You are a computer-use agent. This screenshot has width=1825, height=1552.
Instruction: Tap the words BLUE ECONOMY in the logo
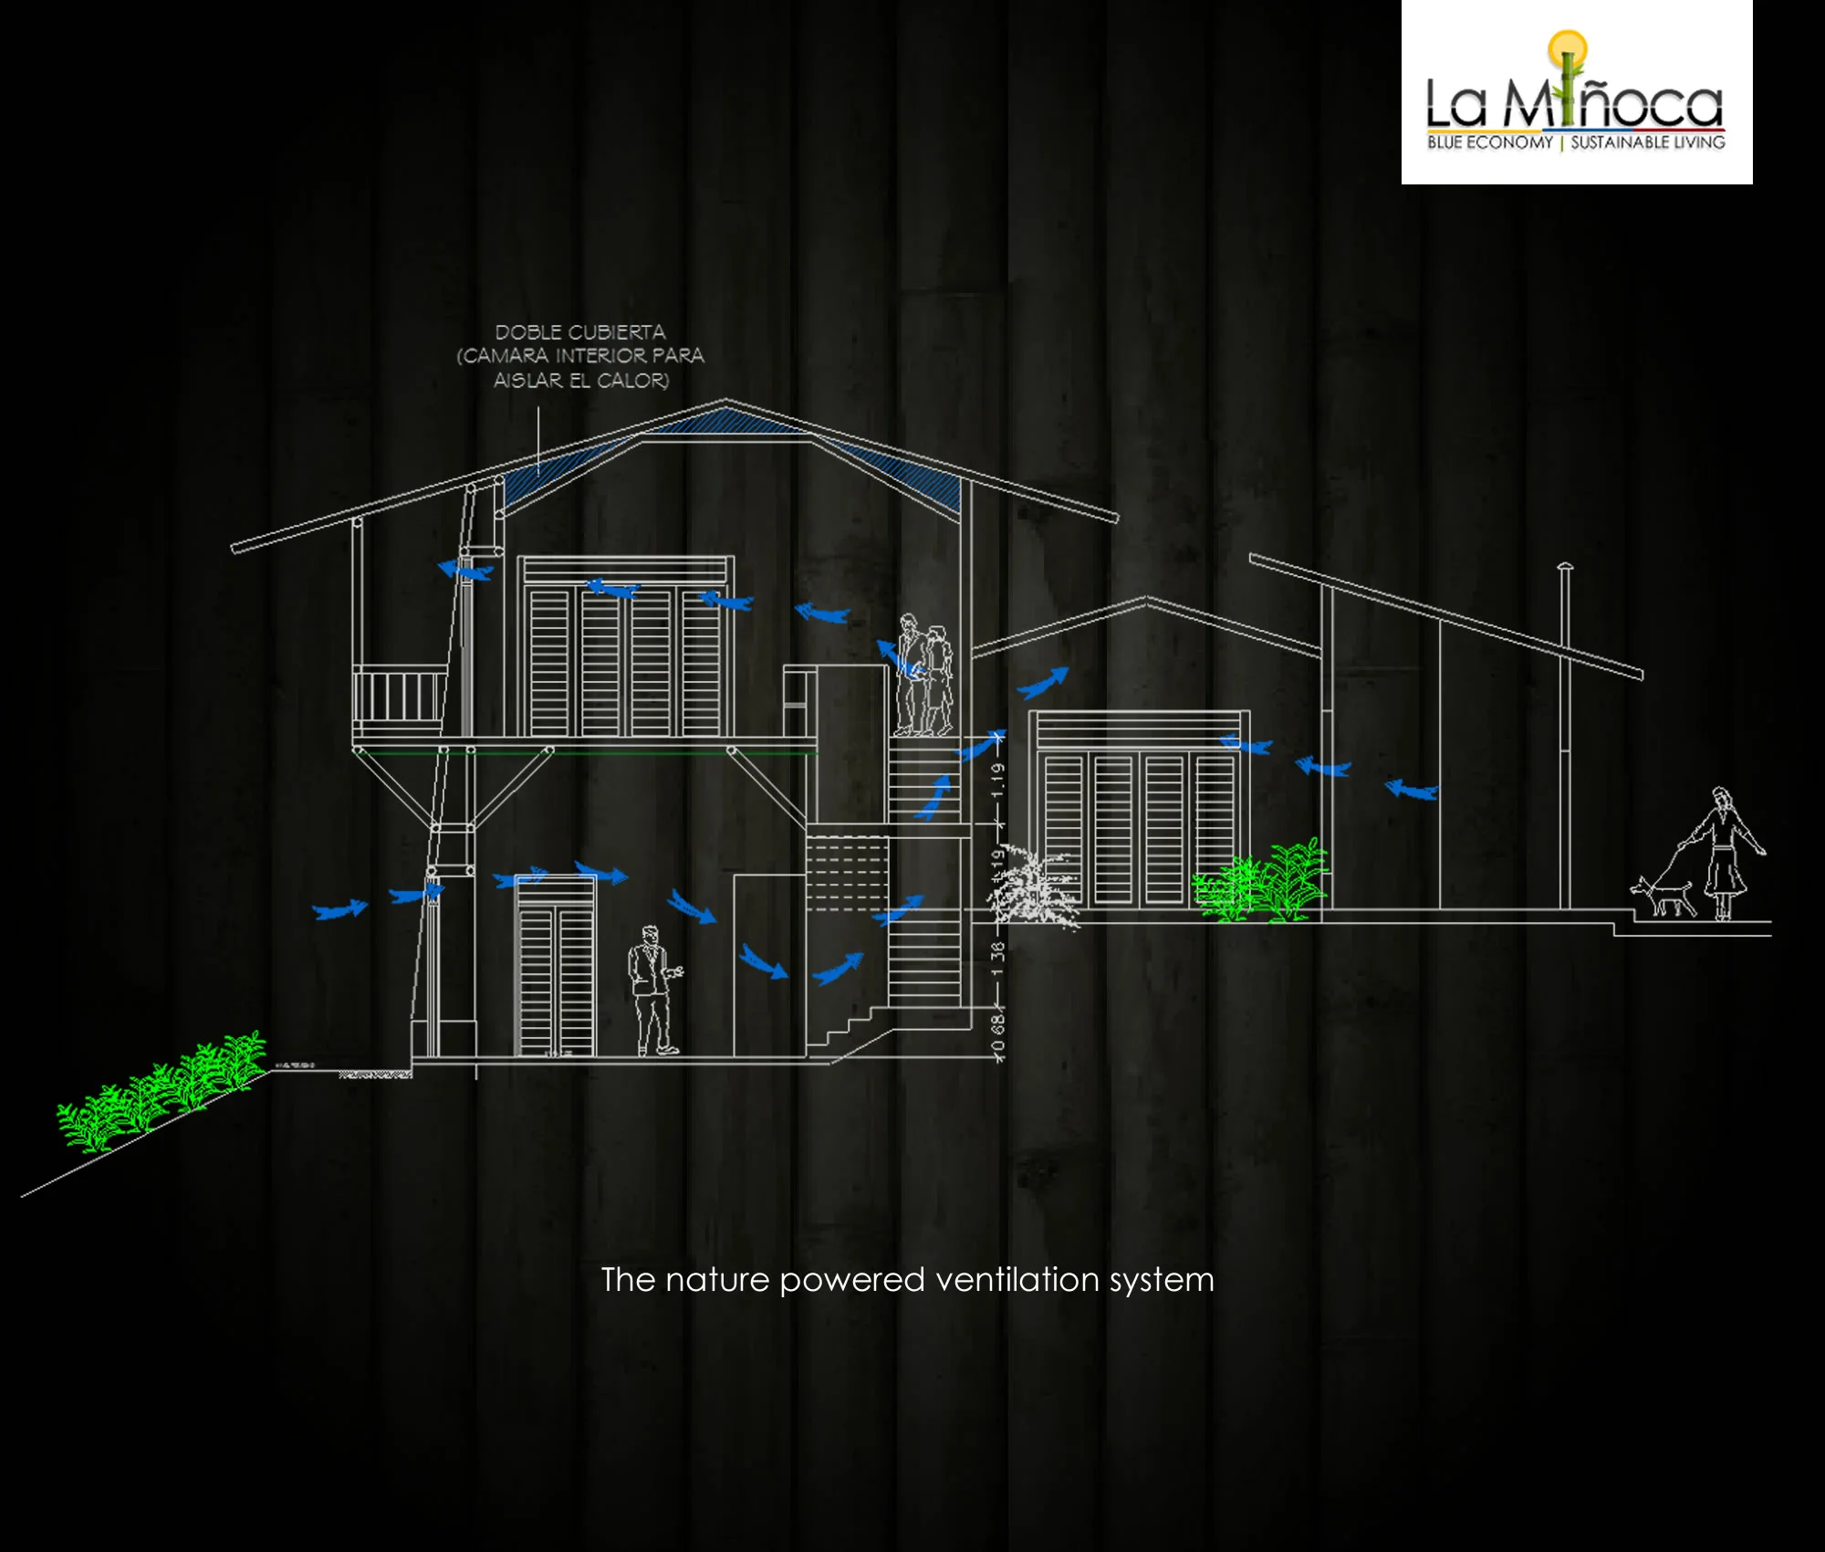tap(1489, 142)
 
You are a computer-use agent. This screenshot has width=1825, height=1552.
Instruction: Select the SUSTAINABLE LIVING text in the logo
tap(1647, 142)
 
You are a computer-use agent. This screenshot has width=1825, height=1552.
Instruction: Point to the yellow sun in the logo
tap(1567, 46)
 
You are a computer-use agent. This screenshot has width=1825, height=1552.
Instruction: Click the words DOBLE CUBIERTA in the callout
tap(580, 332)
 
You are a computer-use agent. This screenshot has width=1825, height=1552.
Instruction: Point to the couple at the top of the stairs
tap(923, 676)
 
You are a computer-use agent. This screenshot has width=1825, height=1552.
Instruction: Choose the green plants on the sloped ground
tap(160, 1091)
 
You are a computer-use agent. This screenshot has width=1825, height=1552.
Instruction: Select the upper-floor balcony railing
tap(399, 697)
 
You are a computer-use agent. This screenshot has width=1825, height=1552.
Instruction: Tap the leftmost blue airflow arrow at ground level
tap(339, 909)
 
